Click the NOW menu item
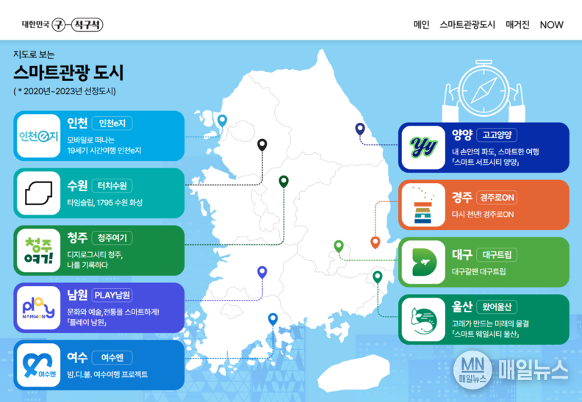(551, 25)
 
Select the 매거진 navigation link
(517, 25)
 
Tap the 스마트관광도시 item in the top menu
(467, 25)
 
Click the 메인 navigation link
(421, 25)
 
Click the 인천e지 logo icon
(39, 136)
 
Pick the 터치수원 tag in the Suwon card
(112, 186)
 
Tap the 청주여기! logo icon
(39, 251)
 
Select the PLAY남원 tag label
(112, 295)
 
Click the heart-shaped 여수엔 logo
(39, 365)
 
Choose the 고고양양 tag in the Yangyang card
(497, 134)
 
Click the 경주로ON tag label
(497, 198)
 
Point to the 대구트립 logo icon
(423, 262)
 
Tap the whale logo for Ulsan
(423, 320)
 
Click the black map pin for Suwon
(262, 144)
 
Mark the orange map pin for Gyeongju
(376, 242)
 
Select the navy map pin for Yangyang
(359, 129)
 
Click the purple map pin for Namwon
(262, 272)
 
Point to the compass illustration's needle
(484, 90)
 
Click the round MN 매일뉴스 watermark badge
(473, 370)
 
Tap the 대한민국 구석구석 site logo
(62, 25)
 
